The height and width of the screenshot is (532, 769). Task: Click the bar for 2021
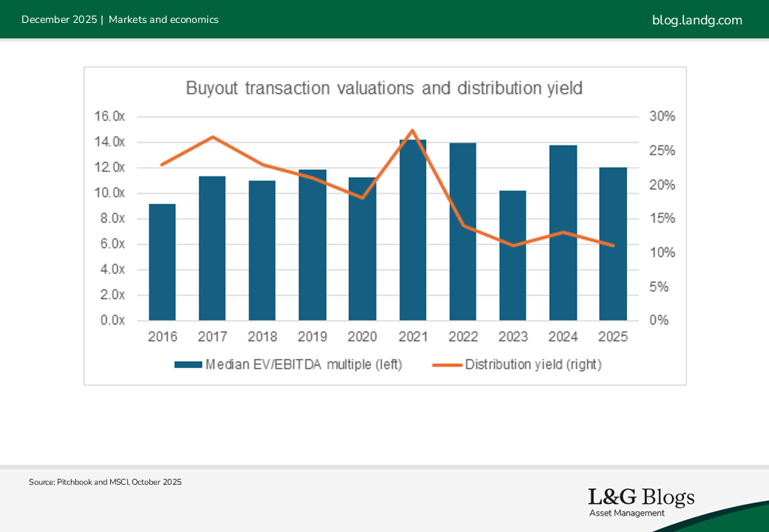(413, 230)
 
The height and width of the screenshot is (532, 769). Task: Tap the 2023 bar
(513, 255)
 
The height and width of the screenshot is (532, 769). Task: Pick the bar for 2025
(613, 244)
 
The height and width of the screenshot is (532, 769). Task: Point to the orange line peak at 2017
(212, 137)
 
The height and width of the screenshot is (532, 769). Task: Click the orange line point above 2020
(362, 197)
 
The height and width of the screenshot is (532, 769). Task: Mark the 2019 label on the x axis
(313, 337)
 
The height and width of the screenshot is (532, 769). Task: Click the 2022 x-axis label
(463, 337)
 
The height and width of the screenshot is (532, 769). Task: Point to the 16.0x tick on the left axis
(109, 117)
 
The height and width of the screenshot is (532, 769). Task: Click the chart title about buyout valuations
(384, 89)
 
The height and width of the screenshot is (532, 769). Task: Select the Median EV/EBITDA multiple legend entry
(288, 364)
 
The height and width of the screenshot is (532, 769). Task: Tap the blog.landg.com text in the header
(697, 20)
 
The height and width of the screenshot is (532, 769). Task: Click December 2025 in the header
(59, 20)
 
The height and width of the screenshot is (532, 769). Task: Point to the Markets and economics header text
(163, 20)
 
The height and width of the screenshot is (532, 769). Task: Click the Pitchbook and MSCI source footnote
(105, 482)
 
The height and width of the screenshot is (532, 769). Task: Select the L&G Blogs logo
(641, 501)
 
